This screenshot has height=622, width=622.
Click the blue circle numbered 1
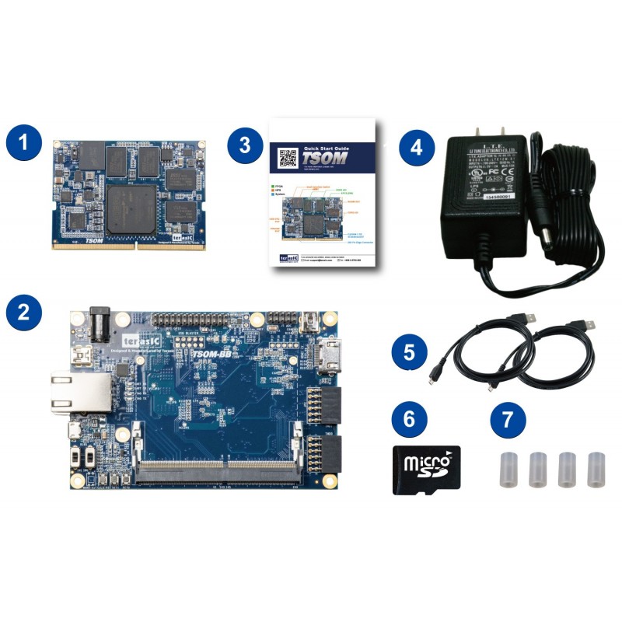[x=25, y=145]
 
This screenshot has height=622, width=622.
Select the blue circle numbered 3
[x=246, y=145]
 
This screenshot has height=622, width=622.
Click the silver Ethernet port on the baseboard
[x=73, y=391]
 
